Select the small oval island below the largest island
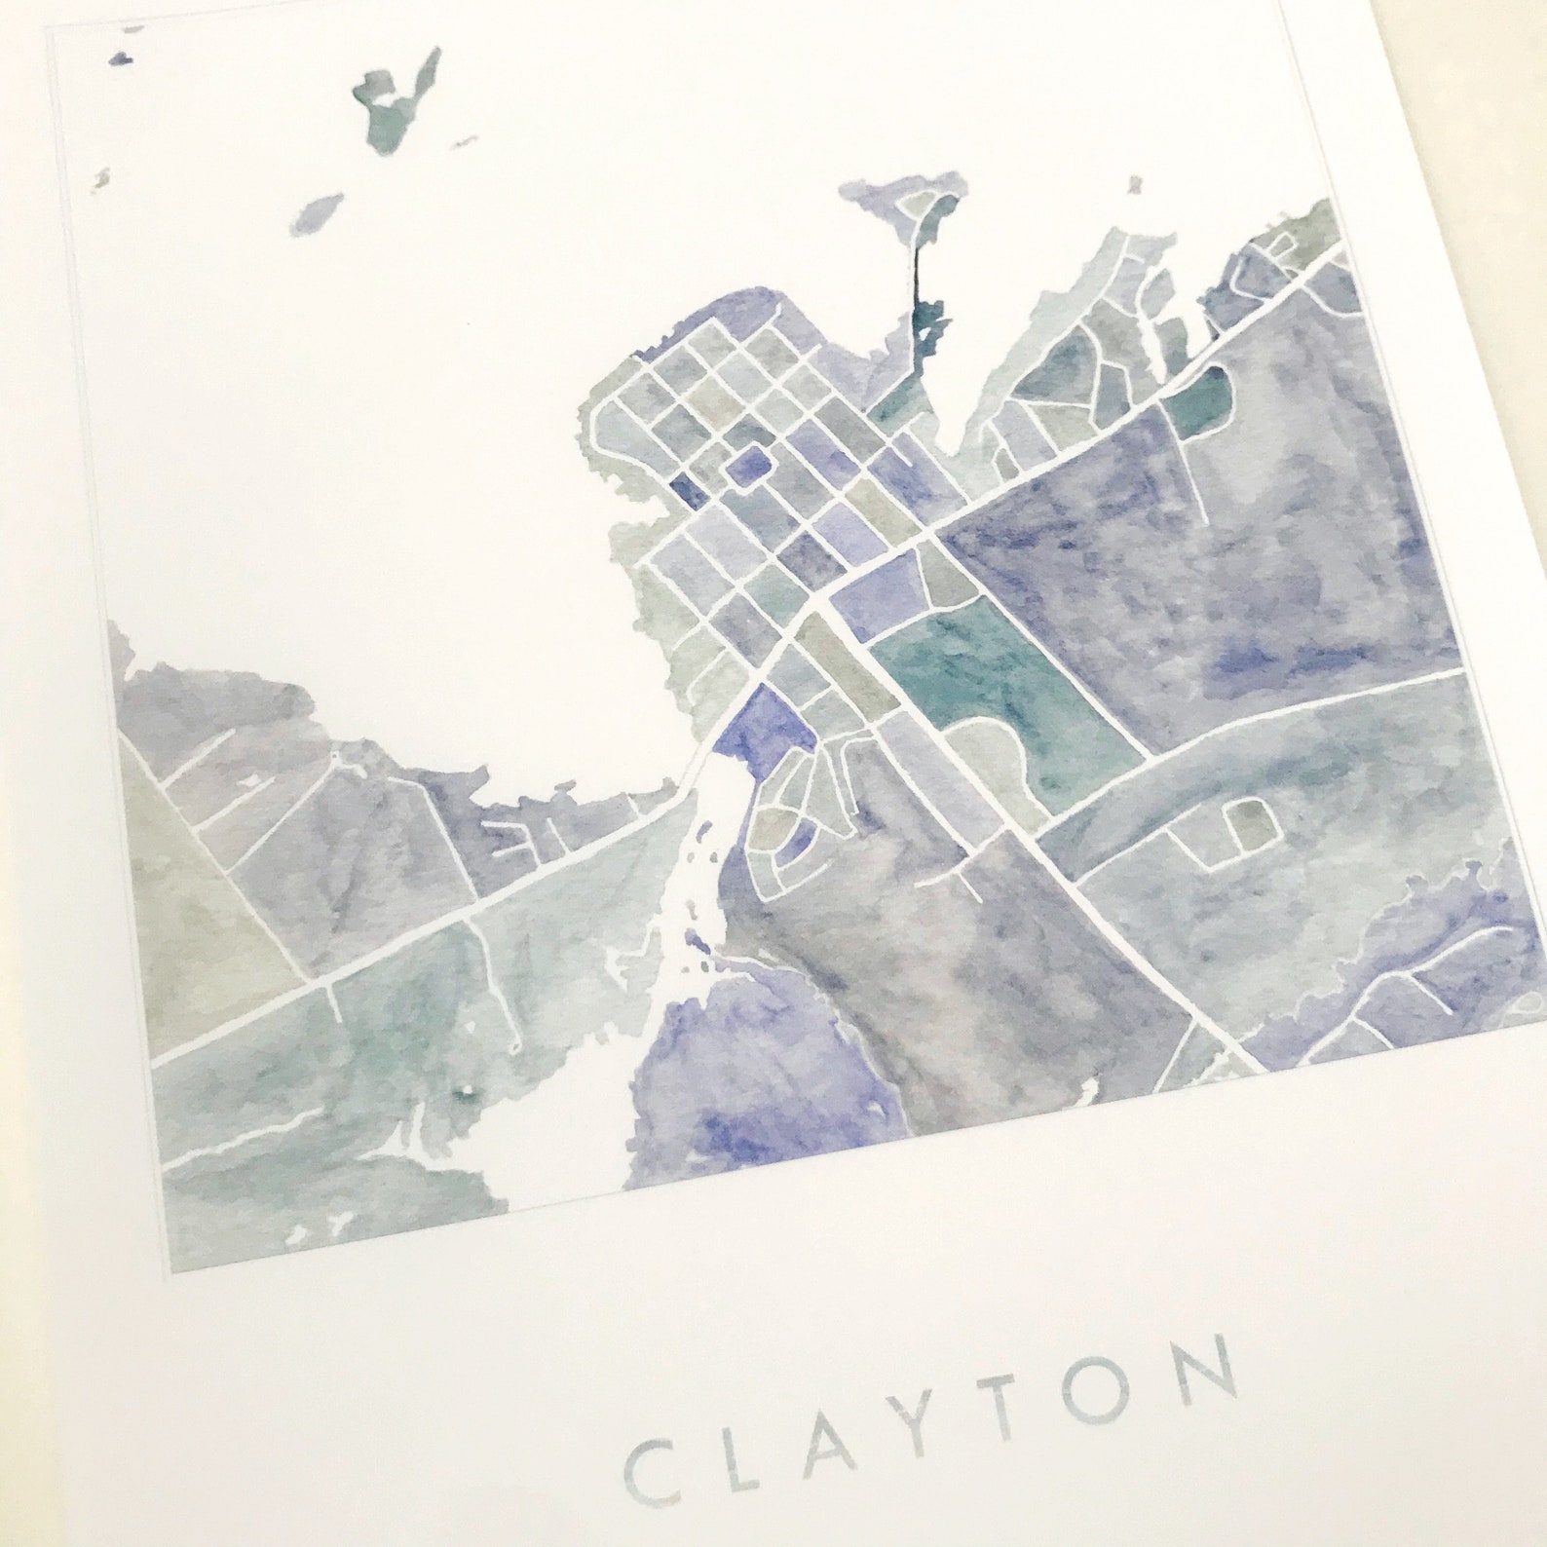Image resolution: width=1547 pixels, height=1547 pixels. (x=317, y=211)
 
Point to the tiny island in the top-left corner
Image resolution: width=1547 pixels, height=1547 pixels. (x=121, y=58)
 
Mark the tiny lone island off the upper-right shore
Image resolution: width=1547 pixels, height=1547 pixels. (x=1133, y=183)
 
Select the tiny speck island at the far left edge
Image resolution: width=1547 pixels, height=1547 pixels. (x=101, y=176)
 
